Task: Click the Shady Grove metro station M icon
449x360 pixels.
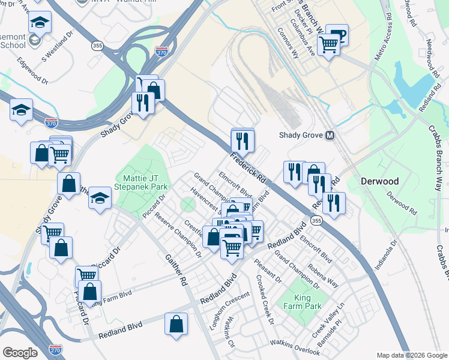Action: (x=330, y=136)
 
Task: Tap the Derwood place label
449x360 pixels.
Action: (x=382, y=181)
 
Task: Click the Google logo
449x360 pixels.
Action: (x=20, y=353)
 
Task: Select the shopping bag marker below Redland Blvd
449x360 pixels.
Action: (x=176, y=324)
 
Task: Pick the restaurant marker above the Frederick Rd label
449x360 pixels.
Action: (x=243, y=140)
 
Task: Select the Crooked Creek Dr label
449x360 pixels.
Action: (x=264, y=308)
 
